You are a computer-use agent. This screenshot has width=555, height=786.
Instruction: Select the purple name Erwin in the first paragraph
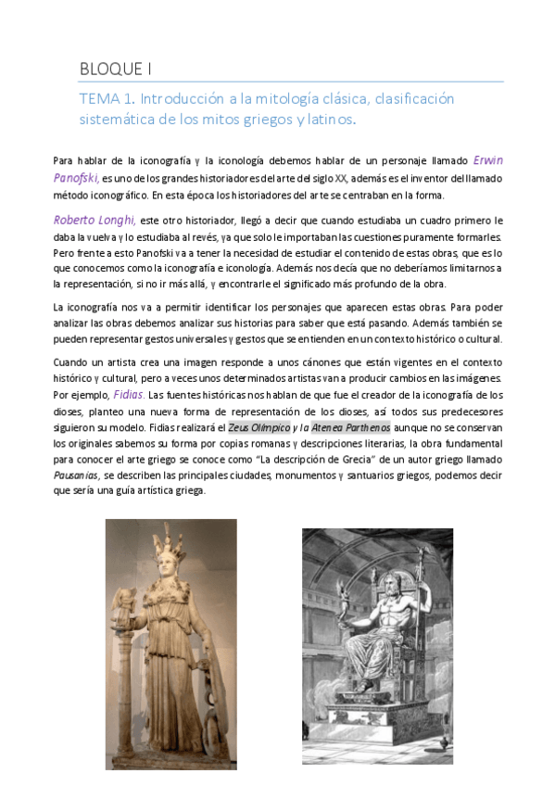click(x=488, y=158)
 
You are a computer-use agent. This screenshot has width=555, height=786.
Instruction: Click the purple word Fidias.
click(x=129, y=393)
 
